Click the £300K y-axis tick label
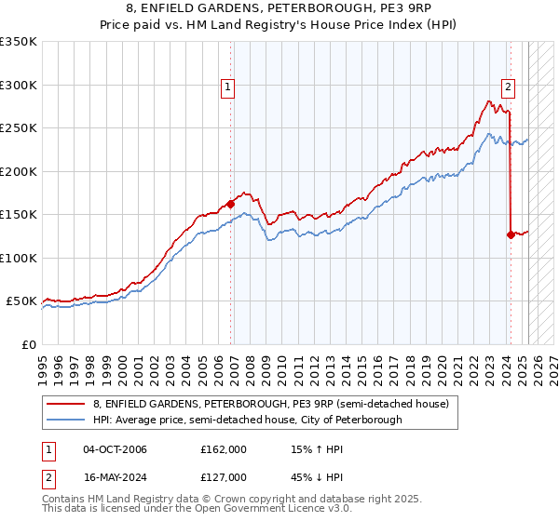click(x=19, y=85)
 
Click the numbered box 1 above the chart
click(x=228, y=88)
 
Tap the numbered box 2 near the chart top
click(x=508, y=88)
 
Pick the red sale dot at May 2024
click(x=511, y=234)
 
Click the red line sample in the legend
click(x=65, y=404)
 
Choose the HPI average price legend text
click(x=247, y=420)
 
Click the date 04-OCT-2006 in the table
click(x=115, y=449)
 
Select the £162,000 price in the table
click(x=224, y=449)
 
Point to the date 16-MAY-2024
click(x=115, y=479)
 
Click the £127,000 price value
click(x=224, y=479)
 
